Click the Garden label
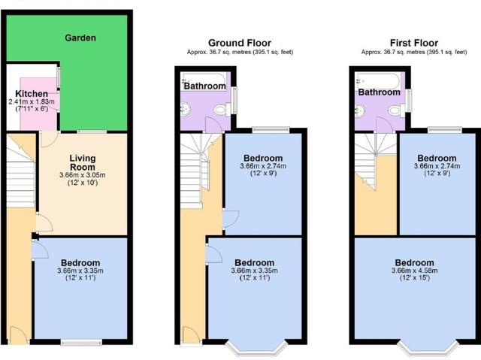click(80, 38)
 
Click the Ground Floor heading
click(240, 43)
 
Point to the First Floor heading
click(415, 43)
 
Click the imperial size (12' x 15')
click(415, 279)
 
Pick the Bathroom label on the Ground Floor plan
click(204, 86)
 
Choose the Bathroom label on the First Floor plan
click(379, 92)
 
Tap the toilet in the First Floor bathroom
click(394, 110)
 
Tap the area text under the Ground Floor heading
click(240, 53)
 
